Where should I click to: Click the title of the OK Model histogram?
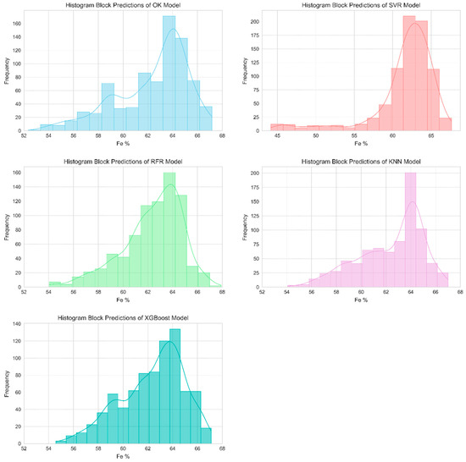point(123,5)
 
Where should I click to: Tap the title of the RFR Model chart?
point(123,162)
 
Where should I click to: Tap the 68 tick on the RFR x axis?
point(222,292)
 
